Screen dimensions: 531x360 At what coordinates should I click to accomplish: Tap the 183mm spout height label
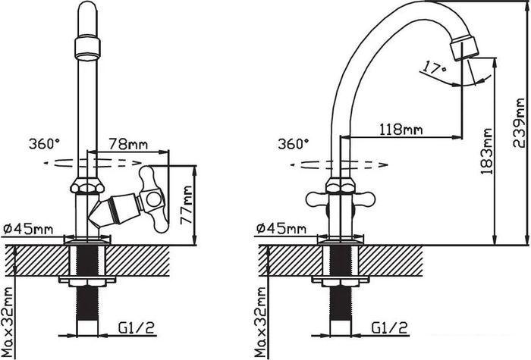click(487, 151)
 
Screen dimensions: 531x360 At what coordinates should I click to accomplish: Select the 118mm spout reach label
click(401, 130)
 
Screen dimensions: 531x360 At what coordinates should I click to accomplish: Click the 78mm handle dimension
click(128, 144)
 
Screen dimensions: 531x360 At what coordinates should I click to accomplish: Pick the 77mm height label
click(187, 205)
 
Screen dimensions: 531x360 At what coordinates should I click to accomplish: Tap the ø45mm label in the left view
click(29, 229)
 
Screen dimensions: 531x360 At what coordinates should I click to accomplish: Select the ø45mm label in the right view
click(281, 229)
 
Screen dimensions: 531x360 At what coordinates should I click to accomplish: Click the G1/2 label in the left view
click(137, 327)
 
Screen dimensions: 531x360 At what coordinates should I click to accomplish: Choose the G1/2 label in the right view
click(390, 327)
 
